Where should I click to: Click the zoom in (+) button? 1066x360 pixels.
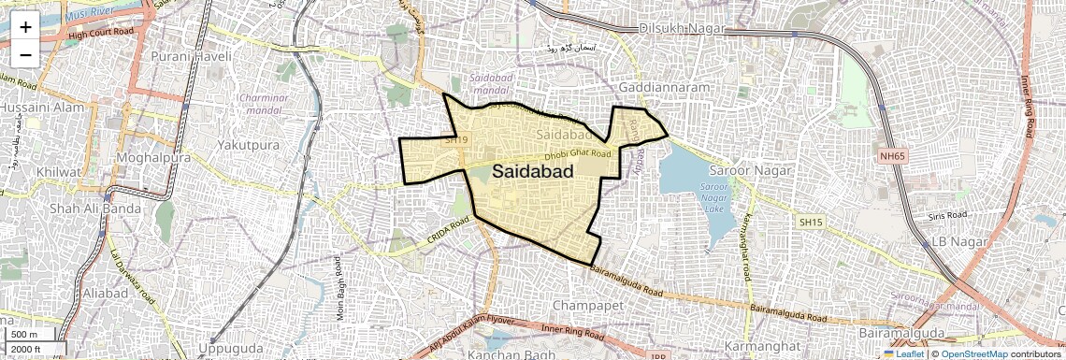click(x=25, y=27)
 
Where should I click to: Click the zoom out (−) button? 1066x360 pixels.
click(x=25, y=55)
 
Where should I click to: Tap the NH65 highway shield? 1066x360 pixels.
click(x=893, y=157)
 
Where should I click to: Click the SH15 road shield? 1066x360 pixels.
click(x=809, y=222)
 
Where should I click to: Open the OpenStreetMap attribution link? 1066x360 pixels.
click(x=973, y=353)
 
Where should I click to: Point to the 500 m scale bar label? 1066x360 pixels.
click(x=24, y=335)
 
